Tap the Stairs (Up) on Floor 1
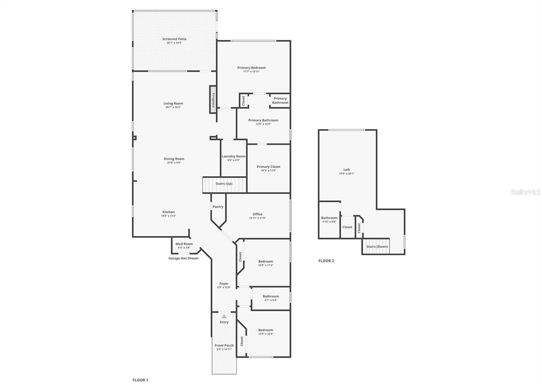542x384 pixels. click(224, 184)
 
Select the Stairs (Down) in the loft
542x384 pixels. click(377, 247)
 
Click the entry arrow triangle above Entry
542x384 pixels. click(224, 316)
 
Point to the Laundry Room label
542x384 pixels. click(233, 156)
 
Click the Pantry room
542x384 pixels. click(218, 207)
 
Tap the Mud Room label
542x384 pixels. click(184, 244)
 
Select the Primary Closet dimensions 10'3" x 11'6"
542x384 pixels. click(268, 171)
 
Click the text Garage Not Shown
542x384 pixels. click(183, 258)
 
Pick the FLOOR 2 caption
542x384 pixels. click(326, 261)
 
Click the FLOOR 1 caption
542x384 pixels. click(140, 380)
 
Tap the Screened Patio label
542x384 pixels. click(174, 39)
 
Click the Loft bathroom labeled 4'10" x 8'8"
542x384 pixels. click(329, 220)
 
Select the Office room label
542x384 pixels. click(257, 214)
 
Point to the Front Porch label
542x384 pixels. click(224, 346)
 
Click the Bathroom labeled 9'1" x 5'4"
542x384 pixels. click(271, 298)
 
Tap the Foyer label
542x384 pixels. click(224, 284)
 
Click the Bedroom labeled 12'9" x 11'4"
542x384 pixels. click(266, 263)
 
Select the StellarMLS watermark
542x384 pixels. click(526, 192)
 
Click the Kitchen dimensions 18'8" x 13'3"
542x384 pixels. click(168, 216)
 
